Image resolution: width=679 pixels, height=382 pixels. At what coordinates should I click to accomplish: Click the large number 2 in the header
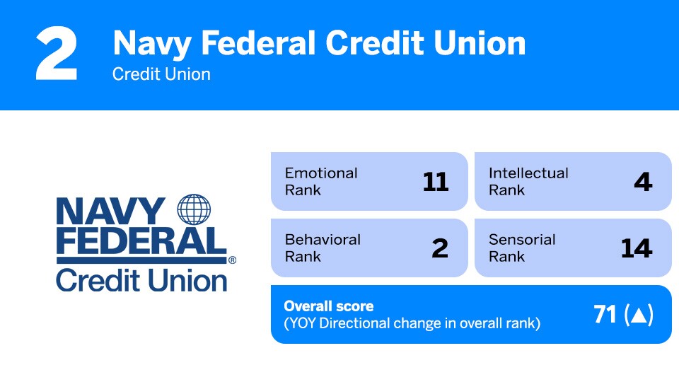[57, 54]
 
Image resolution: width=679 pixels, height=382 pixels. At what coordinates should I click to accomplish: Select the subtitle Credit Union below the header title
[161, 74]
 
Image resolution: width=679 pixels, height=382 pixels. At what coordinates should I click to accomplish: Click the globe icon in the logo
[195, 210]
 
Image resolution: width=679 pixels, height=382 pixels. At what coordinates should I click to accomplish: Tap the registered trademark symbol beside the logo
[232, 260]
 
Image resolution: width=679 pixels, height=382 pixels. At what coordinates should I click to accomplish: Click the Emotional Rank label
[321, 181]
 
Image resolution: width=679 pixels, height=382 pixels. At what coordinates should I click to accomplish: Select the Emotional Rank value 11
[435, 183]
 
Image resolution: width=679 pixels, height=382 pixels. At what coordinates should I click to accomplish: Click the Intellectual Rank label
[528, 181]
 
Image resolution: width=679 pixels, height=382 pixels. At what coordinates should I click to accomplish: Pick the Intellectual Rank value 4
[643, 183]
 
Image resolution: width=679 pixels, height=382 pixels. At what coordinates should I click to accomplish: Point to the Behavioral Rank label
[323, 248]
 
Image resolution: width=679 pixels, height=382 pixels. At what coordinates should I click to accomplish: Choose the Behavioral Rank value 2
[440, 248]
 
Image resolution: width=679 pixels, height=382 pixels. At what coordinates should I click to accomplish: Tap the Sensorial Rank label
[522, 248]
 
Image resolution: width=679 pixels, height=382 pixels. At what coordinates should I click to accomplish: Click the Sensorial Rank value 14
[637, 248]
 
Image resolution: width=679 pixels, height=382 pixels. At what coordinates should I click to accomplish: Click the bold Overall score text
[328, 306]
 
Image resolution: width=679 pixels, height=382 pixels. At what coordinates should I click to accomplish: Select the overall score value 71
[605, 315]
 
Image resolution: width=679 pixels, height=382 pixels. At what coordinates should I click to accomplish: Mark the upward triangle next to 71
[637, 316]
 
